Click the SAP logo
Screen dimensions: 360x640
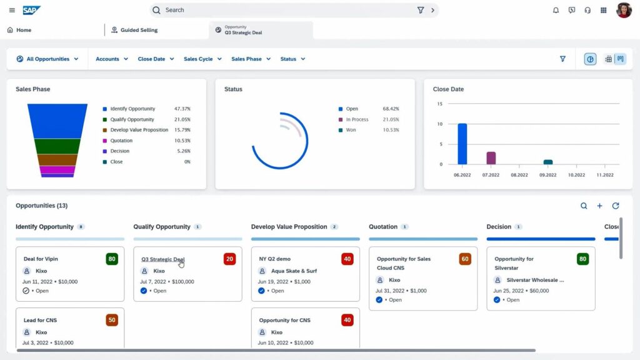(31, 10)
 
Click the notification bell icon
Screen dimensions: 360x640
(556, 10)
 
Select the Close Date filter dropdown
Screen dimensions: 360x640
(156, 59)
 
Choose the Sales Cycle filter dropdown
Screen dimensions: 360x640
(202, 59)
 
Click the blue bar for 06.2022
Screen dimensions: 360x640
(462, 144)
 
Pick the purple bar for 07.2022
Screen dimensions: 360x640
(491, 157)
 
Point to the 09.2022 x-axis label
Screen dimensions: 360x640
(547, 175)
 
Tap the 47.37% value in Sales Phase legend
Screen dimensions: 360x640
(182, 109)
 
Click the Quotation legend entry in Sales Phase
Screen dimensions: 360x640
(121, 141)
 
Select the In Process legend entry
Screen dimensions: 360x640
(357, 119)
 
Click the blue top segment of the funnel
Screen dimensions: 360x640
(57, 121)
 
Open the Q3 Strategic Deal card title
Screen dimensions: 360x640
(162, 259)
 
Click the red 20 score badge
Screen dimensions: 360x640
(229, 259)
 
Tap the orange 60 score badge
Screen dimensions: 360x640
(465, 259)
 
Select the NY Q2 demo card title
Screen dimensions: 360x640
(275, 259)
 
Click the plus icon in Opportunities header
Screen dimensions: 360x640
(599, 206)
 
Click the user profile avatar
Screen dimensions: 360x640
(624, 10)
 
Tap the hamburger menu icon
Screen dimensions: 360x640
(12, 10)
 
